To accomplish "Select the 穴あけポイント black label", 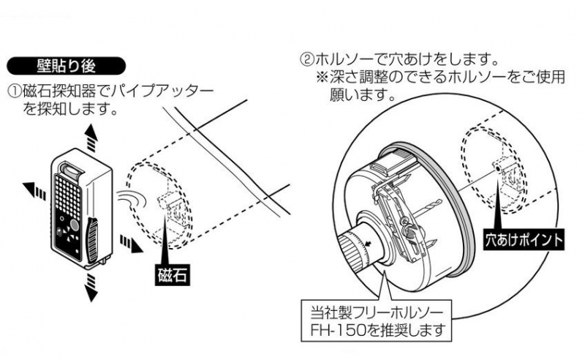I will pos(524,239).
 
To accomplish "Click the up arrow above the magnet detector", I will pos(89,135).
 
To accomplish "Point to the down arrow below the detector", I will pos(91,290).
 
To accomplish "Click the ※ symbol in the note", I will pos(322,76).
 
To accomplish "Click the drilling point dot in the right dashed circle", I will pos(499,167).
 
